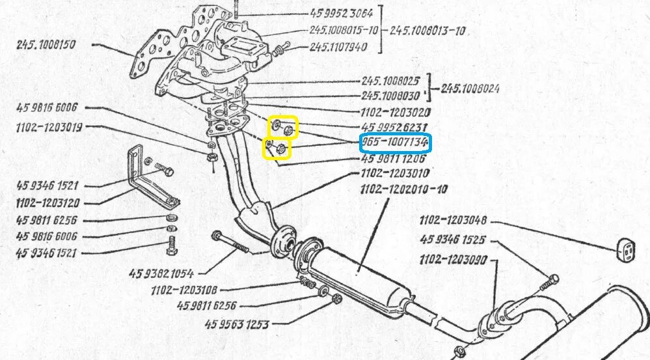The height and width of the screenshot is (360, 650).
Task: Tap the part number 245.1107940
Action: click(x=338, y=47)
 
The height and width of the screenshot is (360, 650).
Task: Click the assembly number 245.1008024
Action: click(x=470, y=89)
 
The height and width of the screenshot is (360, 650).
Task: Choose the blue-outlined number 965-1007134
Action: click(x=395, y=143)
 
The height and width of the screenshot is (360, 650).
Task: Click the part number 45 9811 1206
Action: click(x=394, y=158)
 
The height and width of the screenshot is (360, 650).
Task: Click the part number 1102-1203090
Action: click(x=453, y=259)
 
